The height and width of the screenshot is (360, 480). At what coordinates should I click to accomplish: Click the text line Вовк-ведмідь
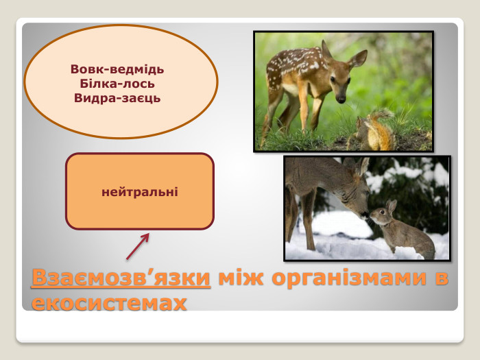pyautogui.click(x=117, y=69)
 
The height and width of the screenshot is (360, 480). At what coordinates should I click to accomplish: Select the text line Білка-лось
pyautogui.click(x=117, y=84)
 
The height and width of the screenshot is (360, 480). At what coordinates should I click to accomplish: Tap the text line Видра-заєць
pyautogui.click(x=117, y=98)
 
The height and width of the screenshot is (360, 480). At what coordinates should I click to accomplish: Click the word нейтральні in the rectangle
pyautogui.click(x=140, y=191)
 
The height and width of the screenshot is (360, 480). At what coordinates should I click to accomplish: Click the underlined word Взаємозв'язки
pyautogui.click(x=121, y=279)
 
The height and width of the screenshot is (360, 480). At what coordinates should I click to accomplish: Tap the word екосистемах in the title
pyautogui.click(x=109, y=302)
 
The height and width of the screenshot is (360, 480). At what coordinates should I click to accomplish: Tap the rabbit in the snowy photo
pyautogui.click(x=405, y=233)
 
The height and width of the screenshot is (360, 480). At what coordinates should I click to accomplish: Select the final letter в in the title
pyautogui.click(x=442, y=279)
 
